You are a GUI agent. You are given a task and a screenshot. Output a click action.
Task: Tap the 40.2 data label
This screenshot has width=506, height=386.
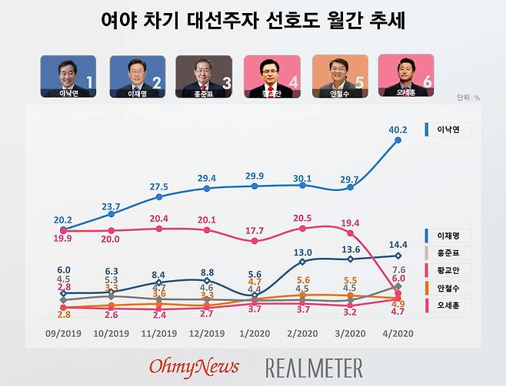coord(398,130)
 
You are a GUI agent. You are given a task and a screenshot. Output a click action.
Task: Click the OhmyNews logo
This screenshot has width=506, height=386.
coord(194,367)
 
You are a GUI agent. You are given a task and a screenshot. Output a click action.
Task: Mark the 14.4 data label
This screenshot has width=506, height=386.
coord(398,244)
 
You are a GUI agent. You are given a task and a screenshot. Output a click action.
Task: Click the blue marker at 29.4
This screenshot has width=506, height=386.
coord(207,188)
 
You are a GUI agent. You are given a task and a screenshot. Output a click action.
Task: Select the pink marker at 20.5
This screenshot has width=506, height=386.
coord(302,228)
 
